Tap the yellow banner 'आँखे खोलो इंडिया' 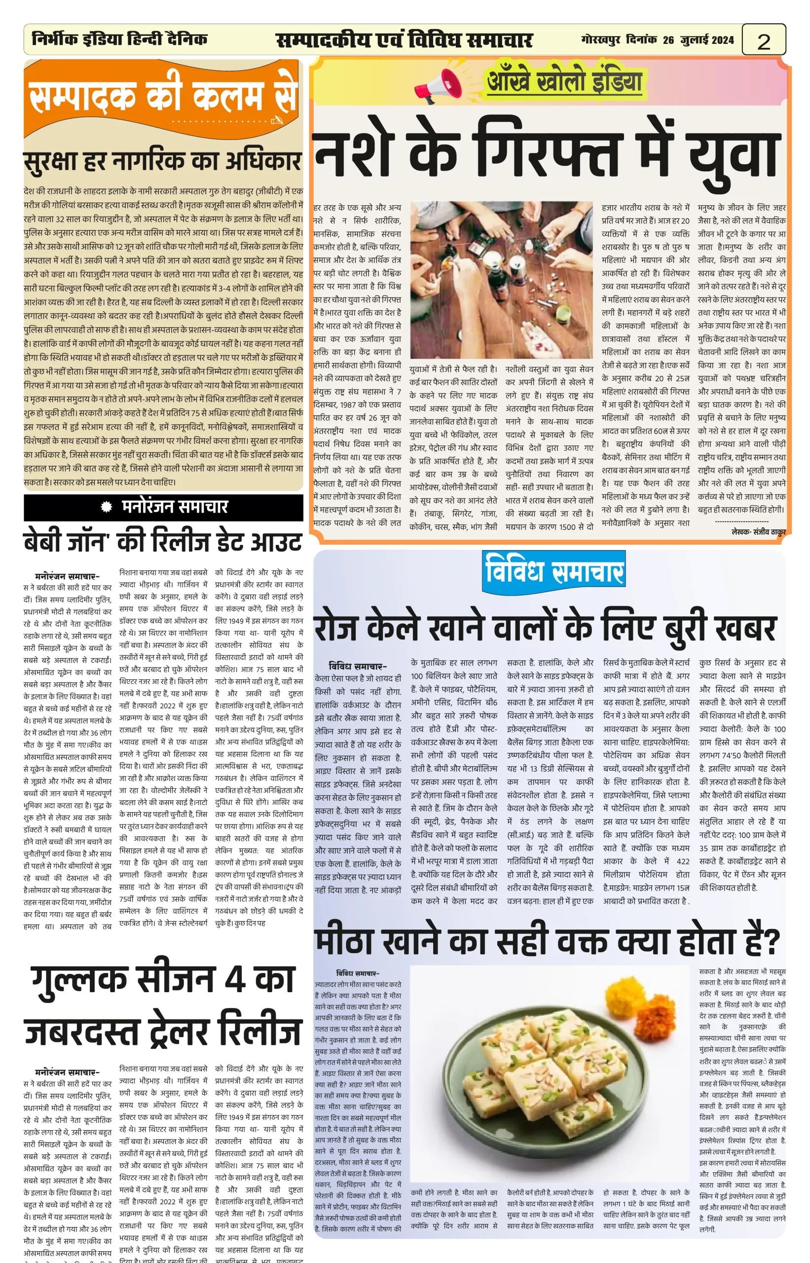564,81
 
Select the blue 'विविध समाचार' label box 554,569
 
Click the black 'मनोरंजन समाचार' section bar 164,507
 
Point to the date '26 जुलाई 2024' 698,40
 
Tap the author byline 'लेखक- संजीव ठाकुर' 758,532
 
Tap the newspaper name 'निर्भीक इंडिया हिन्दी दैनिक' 119,39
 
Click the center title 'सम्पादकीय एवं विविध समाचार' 404,40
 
